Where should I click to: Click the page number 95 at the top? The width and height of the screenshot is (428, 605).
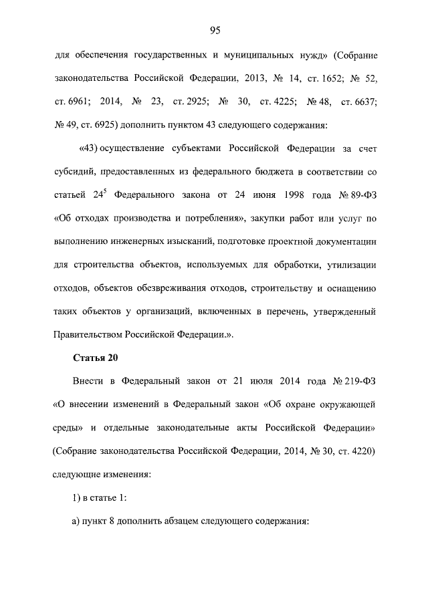[x=215, y=29]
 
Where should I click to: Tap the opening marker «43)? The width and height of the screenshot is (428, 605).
[x=91, y=148]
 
